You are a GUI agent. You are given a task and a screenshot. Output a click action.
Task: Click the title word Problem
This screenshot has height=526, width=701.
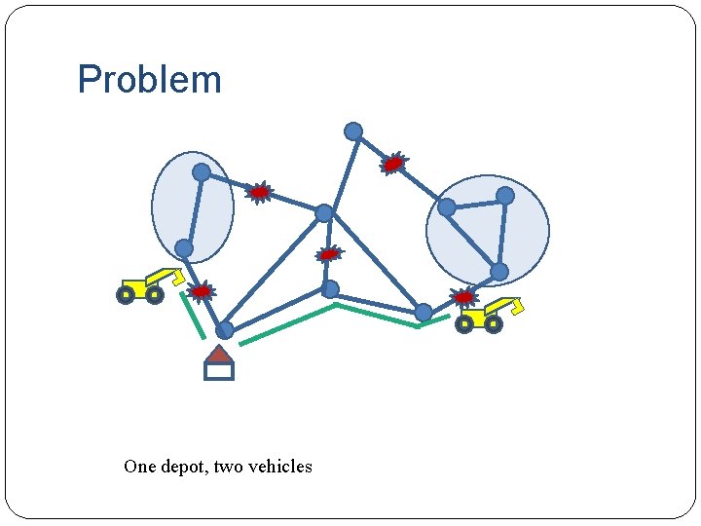(x=149, y=80)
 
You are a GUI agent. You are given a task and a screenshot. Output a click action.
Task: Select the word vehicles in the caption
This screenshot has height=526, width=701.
(x=279, y=467)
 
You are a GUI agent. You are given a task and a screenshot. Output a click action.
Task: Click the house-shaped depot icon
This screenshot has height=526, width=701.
(x=219, y=364)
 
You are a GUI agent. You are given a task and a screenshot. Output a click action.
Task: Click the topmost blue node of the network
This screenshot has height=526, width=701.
(x=353, y=131)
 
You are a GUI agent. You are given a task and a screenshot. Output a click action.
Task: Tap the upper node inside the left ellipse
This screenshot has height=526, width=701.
(x=202, y=172)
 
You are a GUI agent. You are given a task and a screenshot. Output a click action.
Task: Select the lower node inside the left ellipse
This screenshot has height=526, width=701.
(x=184, y=248)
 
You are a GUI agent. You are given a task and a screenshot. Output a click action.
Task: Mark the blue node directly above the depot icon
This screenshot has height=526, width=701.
(x=224, y=330)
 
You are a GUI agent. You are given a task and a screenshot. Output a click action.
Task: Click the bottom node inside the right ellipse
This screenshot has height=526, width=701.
(x=498, y=271)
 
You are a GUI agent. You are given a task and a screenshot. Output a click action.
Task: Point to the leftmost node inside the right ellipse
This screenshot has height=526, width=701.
(x=446, y=207)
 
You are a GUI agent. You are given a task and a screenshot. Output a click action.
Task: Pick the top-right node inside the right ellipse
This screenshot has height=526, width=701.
(x=505, y=196)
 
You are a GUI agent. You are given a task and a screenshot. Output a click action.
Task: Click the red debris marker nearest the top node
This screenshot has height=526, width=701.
(x=393, y=164)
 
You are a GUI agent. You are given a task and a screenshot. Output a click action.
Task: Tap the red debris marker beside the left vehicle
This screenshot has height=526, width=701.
(x=201, y=291)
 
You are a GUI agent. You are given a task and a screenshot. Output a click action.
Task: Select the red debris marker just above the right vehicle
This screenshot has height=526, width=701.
(x=464, y=296)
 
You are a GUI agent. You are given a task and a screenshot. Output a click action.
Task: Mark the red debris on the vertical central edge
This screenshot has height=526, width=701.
(x=329, y=253)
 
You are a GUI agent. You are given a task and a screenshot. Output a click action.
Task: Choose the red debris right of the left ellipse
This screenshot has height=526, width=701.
(x=259, y=193)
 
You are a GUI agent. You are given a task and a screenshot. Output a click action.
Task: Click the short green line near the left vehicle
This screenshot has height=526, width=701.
(x=192, y=316)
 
